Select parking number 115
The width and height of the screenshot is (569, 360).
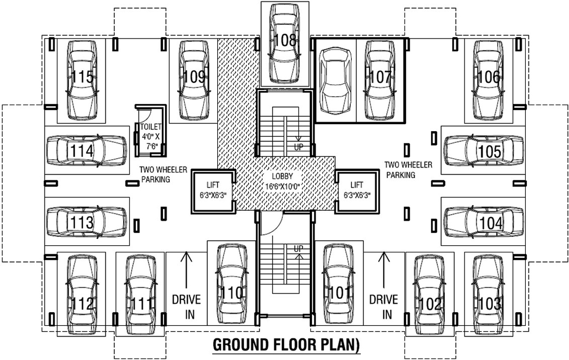(x=82, y=77)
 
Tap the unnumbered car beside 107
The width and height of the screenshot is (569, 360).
(x=335, y=81)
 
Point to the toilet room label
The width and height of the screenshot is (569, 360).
(x=150, y=127)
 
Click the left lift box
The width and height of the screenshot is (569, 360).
(x=213, y=191)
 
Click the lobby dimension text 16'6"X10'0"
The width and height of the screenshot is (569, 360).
(x=282, y=186)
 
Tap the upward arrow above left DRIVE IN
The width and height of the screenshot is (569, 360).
(x=186, y=269)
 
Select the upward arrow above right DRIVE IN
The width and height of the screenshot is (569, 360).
(x=384, y=269)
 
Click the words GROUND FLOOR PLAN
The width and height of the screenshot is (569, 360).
(x=286, y=345)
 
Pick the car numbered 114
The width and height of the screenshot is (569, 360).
(x=86, y=150)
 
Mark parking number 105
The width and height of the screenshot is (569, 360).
(x=489, y=152)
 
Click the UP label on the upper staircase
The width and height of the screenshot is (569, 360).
(x=299, y=147)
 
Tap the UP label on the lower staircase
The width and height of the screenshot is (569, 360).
(x=298, y=249)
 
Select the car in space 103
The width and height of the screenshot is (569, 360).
(x=489, y=295)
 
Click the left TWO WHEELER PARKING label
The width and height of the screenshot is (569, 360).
(x=163, y=174)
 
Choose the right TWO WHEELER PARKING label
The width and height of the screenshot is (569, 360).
(x=408, y=170)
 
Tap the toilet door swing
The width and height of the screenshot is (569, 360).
(x=145, y=114)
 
